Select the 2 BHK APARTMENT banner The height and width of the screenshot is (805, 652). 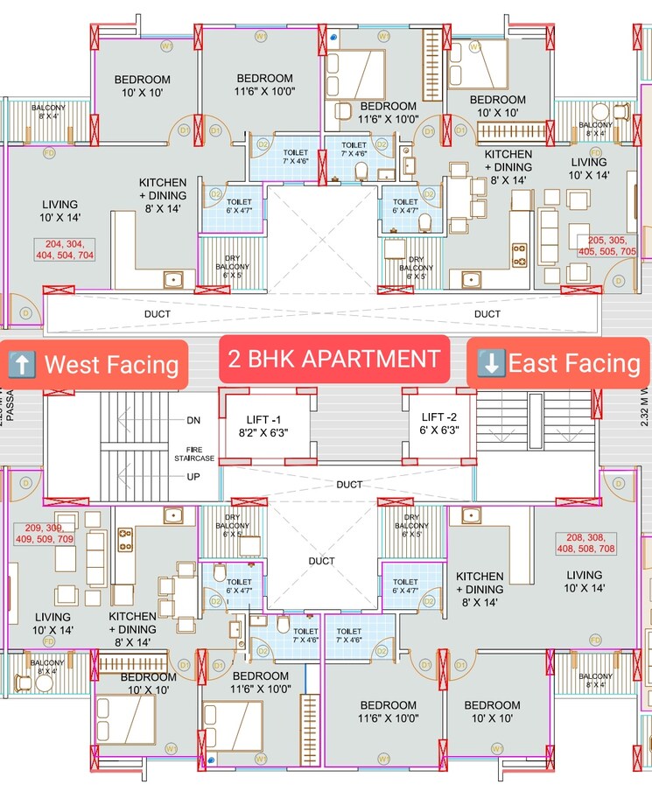click(x=333, y=359)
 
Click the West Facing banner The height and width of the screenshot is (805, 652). click(x=97, y=364)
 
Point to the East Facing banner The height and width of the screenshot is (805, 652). click(x=560, y=363)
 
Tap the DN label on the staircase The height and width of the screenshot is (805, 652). click(x=193, y=420)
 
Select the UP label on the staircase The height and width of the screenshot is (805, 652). click(x=193, y=477)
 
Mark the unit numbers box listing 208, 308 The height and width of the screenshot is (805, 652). click(x=589, y=543)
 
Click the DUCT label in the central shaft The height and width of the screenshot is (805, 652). click(x=322, y=561)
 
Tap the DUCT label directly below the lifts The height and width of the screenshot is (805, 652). click(x=349, y=484)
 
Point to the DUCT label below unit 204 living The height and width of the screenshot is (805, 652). click(x=158, y=313)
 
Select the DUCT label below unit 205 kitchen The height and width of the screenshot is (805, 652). click(x=487, y=313)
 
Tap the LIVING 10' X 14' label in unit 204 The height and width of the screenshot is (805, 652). click(x=59, y=211)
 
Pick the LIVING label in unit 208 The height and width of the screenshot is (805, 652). click(x=584, y=582)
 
